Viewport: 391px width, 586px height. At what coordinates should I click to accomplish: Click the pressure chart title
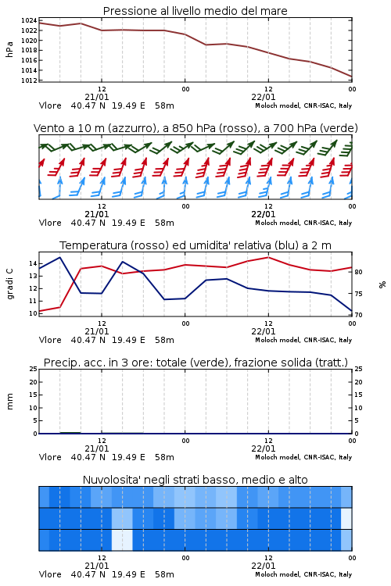195,11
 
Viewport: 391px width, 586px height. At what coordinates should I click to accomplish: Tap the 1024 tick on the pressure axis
29,20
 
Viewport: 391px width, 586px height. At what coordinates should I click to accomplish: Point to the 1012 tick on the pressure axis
29,80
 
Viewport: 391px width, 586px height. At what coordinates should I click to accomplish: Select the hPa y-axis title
9,49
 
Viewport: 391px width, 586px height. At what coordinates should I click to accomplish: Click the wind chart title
195,128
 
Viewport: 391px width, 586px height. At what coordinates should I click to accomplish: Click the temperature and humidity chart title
195,245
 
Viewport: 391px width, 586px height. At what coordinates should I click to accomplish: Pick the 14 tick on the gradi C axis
33,263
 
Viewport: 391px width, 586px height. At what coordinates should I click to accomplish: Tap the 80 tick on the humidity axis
358,272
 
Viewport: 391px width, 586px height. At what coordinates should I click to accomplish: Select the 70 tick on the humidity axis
358,315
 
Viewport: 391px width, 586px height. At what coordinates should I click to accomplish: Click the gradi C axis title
9,284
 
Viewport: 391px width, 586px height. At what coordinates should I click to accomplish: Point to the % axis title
382,284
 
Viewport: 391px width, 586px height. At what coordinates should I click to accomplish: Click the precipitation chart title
195,363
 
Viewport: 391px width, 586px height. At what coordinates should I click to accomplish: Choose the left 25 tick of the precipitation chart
33,369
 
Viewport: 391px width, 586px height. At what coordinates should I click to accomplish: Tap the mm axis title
9,402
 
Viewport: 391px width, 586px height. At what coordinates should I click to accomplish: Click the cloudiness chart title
195,480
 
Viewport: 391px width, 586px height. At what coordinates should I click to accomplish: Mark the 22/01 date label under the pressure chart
264,97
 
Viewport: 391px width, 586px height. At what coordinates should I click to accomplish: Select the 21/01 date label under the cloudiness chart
97,566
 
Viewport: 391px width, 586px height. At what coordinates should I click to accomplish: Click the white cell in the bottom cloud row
122,540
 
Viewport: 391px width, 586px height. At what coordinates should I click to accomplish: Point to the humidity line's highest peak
60,257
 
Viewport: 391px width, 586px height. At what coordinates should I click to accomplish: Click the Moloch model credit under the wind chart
303,223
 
